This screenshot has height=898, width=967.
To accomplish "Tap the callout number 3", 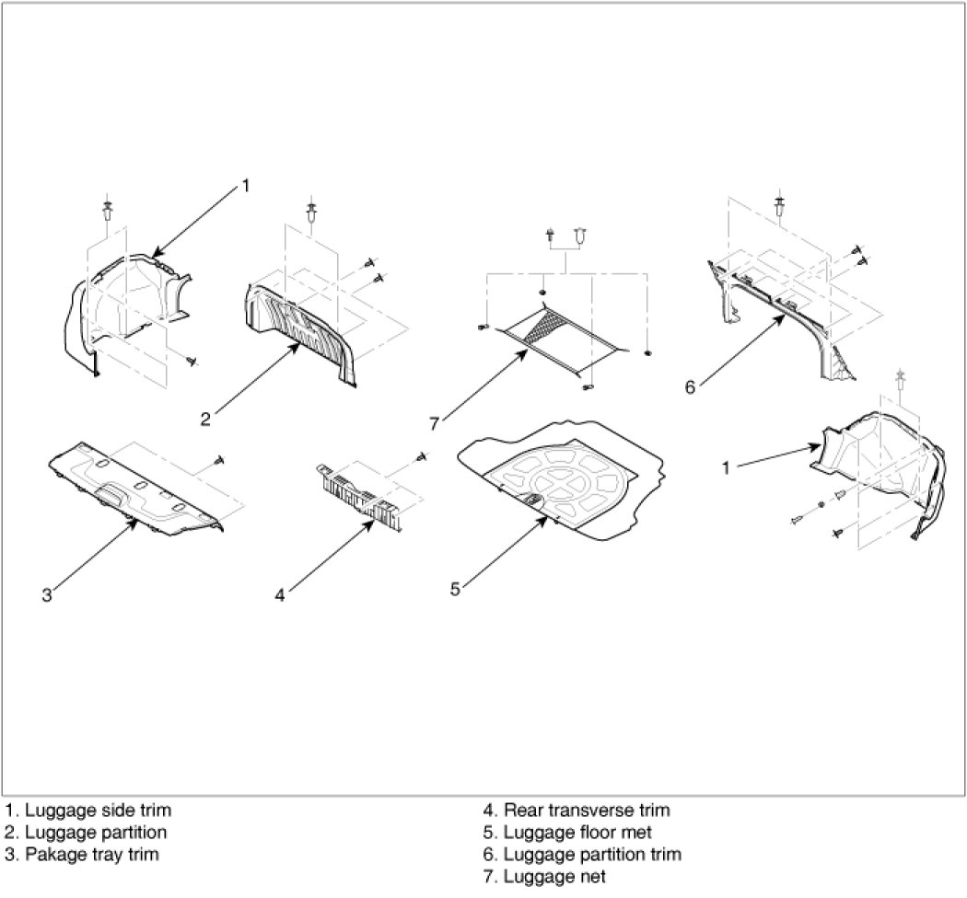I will click(x=47, y=594).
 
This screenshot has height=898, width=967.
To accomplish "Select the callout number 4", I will click(x=280, y=594).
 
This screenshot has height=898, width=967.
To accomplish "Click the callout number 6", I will click(x=690, y=386).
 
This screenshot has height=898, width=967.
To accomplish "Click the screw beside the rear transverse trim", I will click(x=421, y=455).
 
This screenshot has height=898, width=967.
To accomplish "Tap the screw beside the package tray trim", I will click(x=219, y=458).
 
